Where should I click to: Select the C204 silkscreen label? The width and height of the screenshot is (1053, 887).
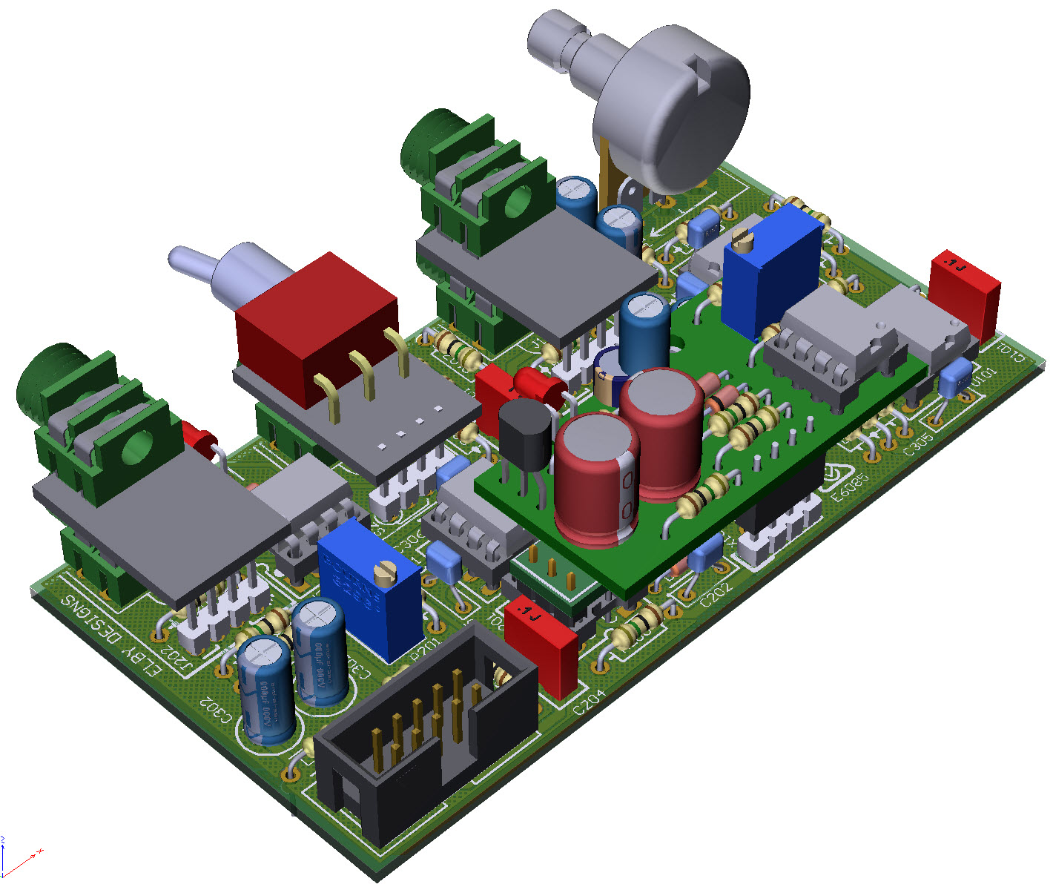click(x=590, y=702)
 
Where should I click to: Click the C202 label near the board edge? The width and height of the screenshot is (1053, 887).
click(x=716, y=593)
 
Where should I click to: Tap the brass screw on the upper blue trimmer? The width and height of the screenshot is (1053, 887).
click(x=742, y=239)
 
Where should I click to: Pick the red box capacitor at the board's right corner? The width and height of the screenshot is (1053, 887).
click(x=964, y=293)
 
